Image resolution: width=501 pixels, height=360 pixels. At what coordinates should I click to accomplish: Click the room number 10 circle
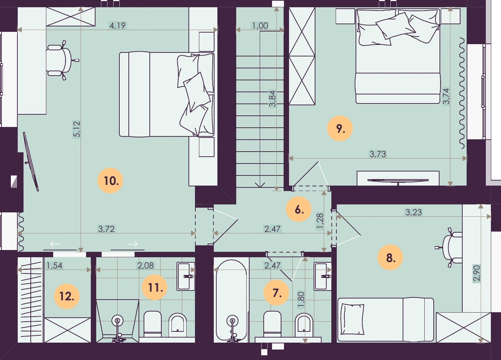click(110, 181)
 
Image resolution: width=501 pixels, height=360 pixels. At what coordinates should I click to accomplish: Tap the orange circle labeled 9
click(340, 128)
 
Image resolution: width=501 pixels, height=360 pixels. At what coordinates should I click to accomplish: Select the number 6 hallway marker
click(298, 209)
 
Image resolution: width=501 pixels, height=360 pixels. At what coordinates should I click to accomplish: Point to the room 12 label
click(67, 296)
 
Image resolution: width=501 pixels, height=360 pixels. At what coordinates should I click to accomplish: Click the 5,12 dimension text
click(76, 129)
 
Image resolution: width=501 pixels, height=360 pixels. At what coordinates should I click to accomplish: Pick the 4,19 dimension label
click(118, 25)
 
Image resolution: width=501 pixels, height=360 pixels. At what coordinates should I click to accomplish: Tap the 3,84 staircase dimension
click(272, 99)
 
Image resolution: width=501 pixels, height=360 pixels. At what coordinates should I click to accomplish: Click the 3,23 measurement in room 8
click(413, 212)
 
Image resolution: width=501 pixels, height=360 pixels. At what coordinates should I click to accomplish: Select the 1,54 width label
click(54, 265)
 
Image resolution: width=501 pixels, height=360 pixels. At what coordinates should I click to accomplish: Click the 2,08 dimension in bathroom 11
click(146, 265)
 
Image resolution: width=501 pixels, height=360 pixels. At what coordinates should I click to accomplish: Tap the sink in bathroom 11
click(186, 276)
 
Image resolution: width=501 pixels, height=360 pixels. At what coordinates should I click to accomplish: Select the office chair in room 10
click(61, 60)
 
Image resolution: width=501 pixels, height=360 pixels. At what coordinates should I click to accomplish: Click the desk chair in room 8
click(450, 248)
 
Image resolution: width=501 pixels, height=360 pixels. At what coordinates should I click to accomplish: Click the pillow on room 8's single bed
click(353, 319)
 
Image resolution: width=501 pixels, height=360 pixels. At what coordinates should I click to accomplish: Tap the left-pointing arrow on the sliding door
click(55, 244)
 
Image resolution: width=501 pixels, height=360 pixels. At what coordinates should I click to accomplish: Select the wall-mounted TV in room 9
click(398, 181)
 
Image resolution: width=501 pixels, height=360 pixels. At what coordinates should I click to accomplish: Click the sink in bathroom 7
click(323, 276)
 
